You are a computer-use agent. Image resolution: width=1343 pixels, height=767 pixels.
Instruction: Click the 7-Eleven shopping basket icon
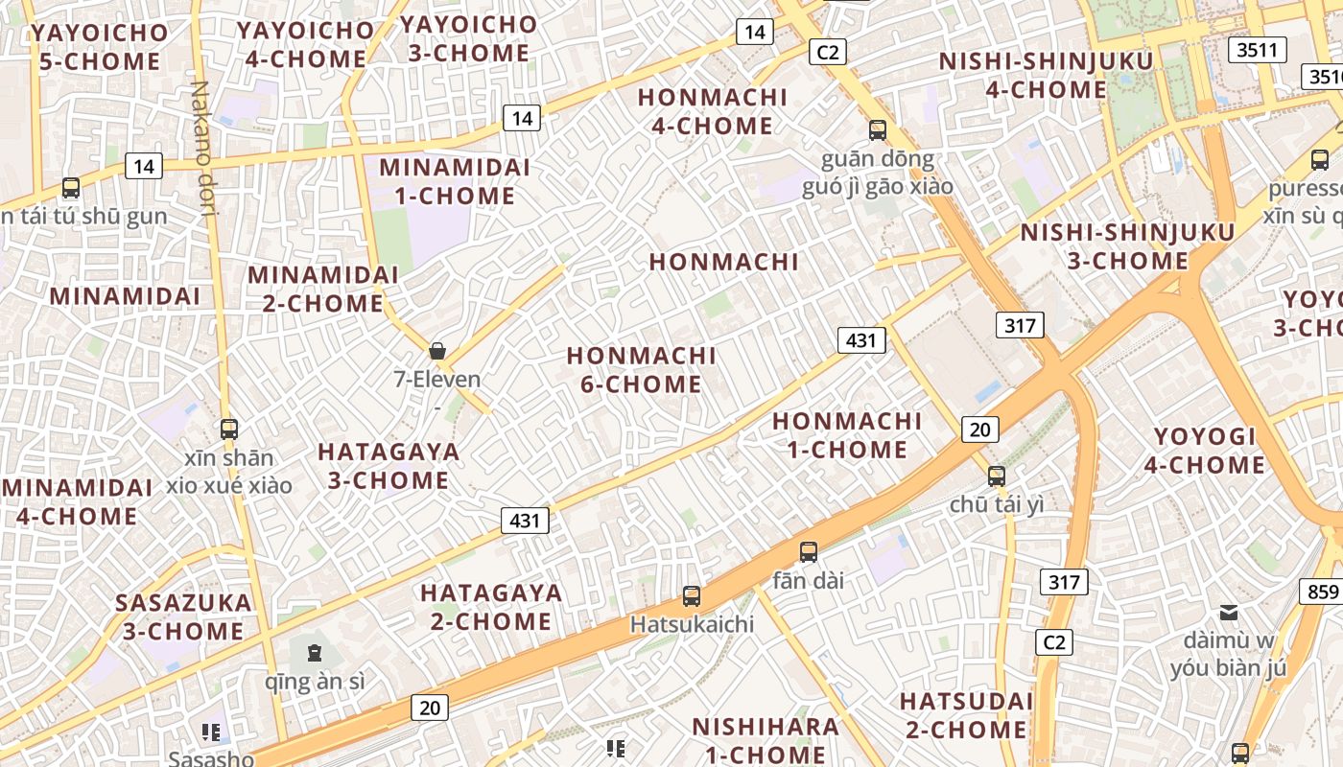point(437,351)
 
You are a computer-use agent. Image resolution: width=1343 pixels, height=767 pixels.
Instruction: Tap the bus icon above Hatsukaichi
point(692,596)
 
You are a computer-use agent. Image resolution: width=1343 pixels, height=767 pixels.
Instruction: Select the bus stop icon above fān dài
point(809,552)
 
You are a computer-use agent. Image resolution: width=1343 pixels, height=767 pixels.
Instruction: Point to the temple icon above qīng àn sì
point(314,654)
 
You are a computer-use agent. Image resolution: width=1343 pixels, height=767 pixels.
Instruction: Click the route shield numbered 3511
point(1257,50)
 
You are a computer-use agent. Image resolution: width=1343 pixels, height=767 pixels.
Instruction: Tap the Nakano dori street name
point(202,149)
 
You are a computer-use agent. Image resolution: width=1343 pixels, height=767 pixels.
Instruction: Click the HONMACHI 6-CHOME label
point(641,370)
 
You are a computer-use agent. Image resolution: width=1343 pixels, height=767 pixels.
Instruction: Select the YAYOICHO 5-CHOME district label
point(98,47)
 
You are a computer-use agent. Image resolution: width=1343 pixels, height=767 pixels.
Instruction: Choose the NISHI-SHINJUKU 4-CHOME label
point(1046,76)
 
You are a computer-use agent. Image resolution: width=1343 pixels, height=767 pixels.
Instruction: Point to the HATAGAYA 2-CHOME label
point(490,607)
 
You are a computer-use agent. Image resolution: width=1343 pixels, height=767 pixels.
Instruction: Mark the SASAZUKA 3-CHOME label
point(182,617)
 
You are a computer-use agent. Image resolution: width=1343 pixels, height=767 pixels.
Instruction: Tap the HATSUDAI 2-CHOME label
point(965,715)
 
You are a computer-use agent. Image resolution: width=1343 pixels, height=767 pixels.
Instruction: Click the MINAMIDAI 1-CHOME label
point(454,181)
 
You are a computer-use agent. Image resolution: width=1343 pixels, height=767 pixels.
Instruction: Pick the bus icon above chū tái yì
point(997,476)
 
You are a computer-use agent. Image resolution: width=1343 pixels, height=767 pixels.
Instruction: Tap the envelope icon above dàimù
point(1228,613)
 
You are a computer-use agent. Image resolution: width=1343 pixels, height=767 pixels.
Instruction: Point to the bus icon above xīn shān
point(228,430)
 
